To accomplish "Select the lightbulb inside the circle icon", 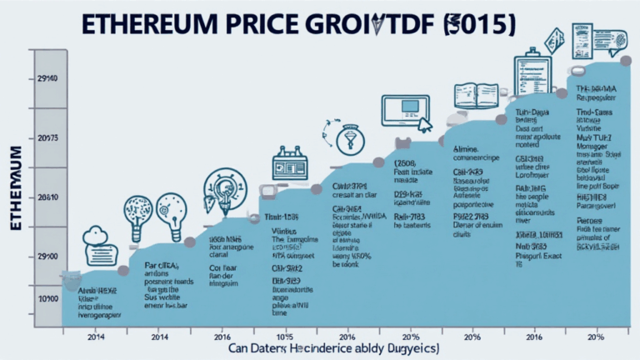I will pos(223,188).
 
